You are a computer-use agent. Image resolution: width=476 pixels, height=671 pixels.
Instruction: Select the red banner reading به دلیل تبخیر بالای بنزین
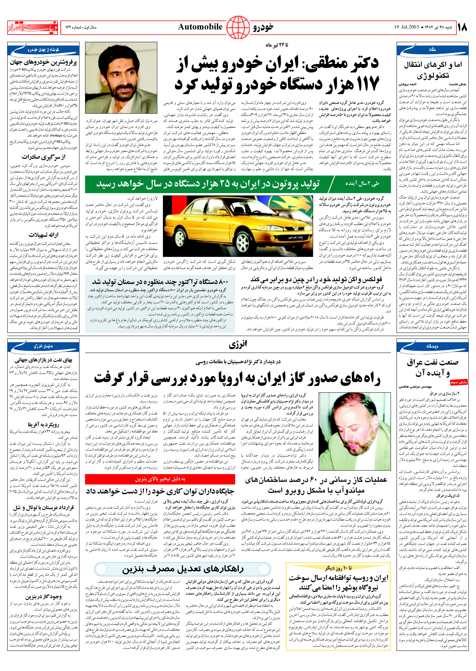click(160, 479)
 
